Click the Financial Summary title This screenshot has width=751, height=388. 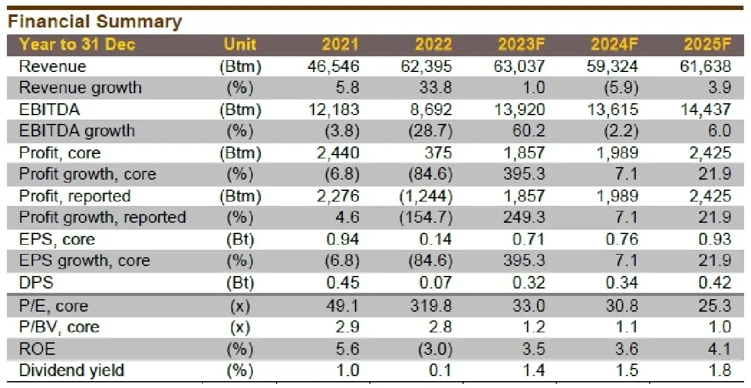pyautogui.click(x=95, y=22)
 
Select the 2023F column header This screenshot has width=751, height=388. pyautogui.click(x=521, y=44)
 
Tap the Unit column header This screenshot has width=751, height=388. pyautogui.click(x=240, y=44)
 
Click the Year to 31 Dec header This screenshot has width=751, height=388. pyautogui.click(x=77, y=44)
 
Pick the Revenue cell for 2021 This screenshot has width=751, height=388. pyautogui.click(x=336, y=66)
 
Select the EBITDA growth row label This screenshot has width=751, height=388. pyautogui.click(x=77, y=131)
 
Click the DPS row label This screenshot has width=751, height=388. pyautogui.click(x=36, y=283)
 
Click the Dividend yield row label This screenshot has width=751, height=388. pyautogui.click(x=71, y=370)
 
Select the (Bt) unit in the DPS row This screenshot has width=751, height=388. pyautogui.click(x=240, y=283)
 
